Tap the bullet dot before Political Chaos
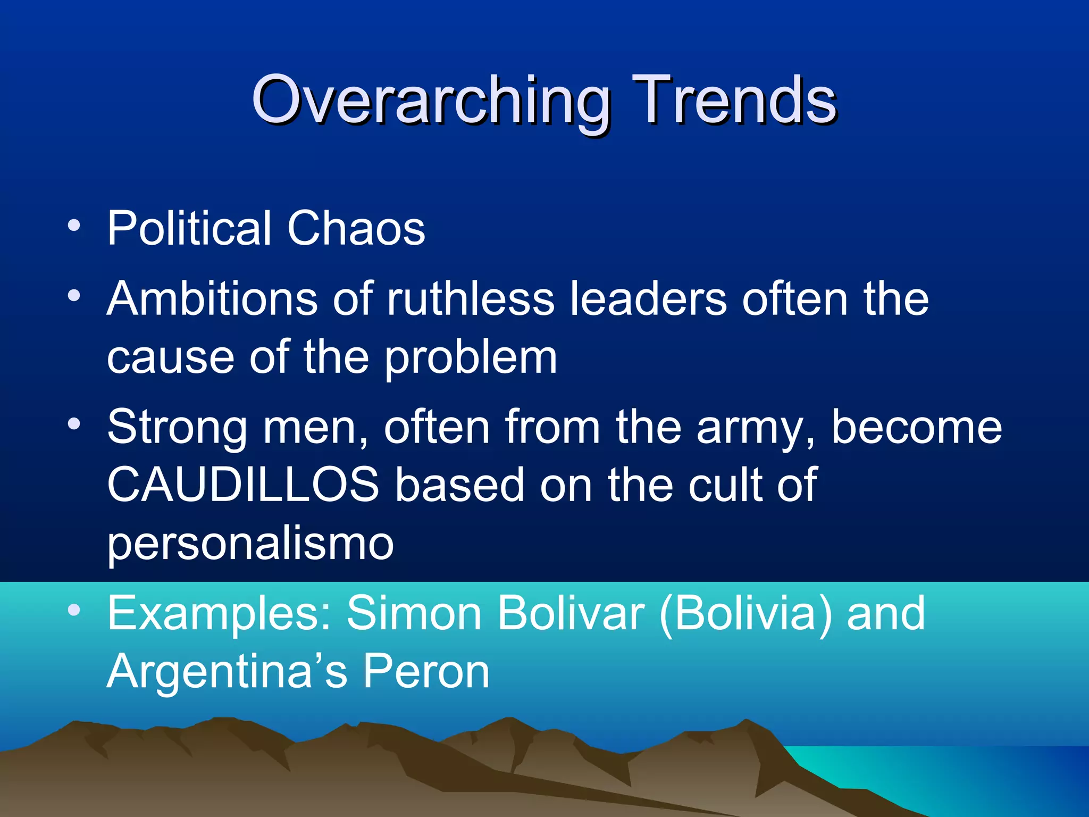74,226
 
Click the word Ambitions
212,299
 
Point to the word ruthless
470,299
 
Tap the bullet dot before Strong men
74,424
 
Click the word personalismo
250,544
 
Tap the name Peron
426,671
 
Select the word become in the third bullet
916,427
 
